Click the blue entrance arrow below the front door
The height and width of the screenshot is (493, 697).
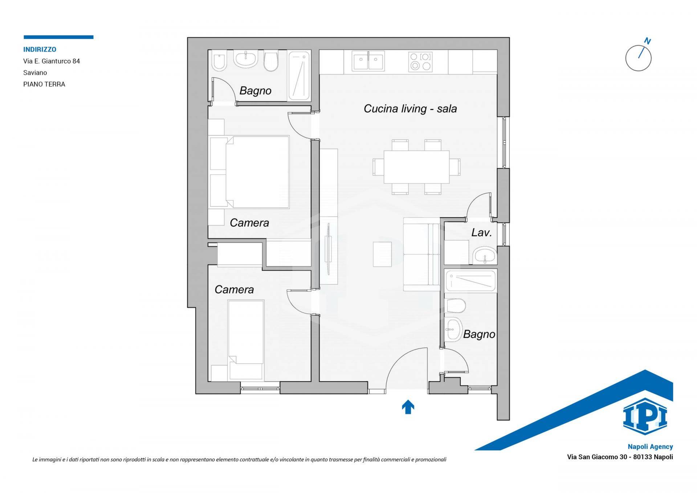(x=408, y=407)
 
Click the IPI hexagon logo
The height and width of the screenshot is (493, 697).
(x=645, y=416)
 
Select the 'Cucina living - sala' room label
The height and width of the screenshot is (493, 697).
(x=410, y=109)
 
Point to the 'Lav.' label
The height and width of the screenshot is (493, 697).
(x=481, y=232)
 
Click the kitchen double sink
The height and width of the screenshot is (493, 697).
(x=368, y=61)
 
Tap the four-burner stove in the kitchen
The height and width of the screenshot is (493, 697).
(x=420, y=61)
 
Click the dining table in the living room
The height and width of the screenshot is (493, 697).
(x=417, y=167)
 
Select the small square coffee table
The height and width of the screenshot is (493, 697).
(x=382, y=254)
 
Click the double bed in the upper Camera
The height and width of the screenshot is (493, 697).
(x=250, y=172)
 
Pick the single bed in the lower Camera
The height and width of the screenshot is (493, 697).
(x=246, y=340)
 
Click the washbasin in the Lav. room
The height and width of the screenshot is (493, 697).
(x=485, y=255)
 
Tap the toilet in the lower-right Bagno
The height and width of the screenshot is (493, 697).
(x=455, y=306)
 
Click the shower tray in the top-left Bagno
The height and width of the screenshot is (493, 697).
(x=299, y=76)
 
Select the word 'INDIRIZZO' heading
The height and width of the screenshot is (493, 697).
(x=40, y=49)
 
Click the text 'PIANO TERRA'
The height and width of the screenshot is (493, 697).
(x=44, y=84)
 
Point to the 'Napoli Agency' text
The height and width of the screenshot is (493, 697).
(x=650, y=447)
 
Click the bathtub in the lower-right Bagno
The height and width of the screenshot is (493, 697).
(x=470, y=281)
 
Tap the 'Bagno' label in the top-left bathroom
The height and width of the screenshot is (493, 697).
(x=255, y=91)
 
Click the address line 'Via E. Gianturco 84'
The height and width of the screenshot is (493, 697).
(x=52, y=61)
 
